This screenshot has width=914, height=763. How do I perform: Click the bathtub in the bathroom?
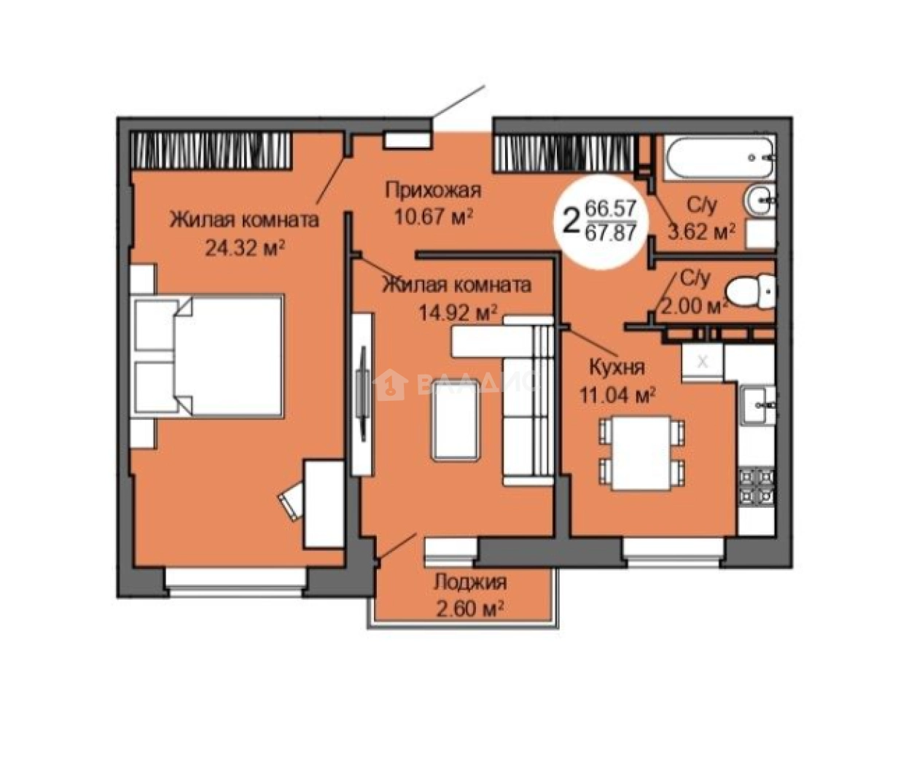(719, 157)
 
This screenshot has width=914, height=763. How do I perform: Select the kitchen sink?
(757, 405)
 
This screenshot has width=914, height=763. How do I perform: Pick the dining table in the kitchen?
(641, 453)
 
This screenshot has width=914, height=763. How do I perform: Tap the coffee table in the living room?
(456, 421)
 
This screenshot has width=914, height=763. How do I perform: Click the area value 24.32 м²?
(245, 249)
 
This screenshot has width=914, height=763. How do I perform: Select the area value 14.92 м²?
(458, 312)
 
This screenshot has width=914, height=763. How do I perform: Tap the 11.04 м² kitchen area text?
(617, 395)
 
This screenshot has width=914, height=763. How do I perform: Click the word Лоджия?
(470, 582)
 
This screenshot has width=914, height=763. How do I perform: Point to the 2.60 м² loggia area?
(469, 609)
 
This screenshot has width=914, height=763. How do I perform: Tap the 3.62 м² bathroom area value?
(701, 232)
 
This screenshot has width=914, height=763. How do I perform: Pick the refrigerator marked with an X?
(703, 361)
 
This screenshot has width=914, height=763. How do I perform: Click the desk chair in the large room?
(292, 501)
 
